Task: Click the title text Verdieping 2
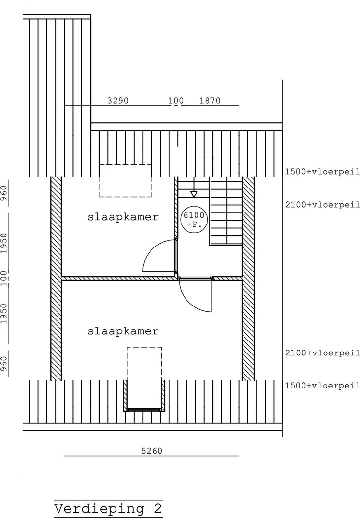(108, 509)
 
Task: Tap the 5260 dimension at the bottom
(151, 451)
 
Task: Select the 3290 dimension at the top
(117, 100)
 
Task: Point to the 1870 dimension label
(210, 100)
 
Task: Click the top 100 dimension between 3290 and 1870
(176, 100)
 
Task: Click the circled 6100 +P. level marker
(194, 220)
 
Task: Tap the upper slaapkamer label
(123, 217)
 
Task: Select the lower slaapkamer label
(123, 331)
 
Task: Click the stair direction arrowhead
(194, 194)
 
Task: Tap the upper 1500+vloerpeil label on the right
(322, 171)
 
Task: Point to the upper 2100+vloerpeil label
(322, 204)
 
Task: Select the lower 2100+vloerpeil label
(322, 353)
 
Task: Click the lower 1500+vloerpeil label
(322, 386)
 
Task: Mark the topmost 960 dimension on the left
(4, 193)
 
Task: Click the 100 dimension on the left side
(4, 279)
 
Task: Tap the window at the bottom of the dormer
(144, 410)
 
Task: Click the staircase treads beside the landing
(226, 212)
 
